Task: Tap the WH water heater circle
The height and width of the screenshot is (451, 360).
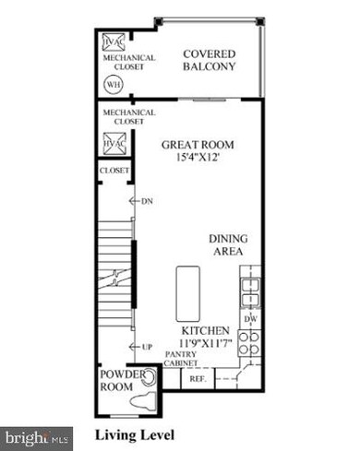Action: click(114, 84)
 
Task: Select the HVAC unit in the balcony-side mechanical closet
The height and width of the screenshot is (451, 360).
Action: click(114, 42)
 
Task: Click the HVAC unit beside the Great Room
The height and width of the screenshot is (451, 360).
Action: click(114, 145)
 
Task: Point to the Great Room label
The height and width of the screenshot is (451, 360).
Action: click(198, 145)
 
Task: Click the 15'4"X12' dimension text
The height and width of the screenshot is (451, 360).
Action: click(198, 159)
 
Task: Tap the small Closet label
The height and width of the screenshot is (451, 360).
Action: click(114, 171)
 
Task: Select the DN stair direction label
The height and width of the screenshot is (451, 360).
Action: click(147, 200)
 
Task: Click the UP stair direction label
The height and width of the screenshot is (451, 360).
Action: click(147, 347)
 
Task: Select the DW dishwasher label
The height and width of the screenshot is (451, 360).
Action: click(250, 319)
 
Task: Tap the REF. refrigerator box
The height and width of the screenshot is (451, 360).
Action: click(197, 378)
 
